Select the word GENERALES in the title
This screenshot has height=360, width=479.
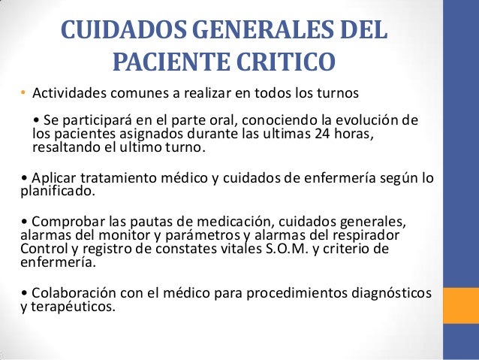[x=251, y=32]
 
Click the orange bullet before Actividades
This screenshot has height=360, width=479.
[x=23, y=95]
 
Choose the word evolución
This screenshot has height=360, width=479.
[x=367, y=122]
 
